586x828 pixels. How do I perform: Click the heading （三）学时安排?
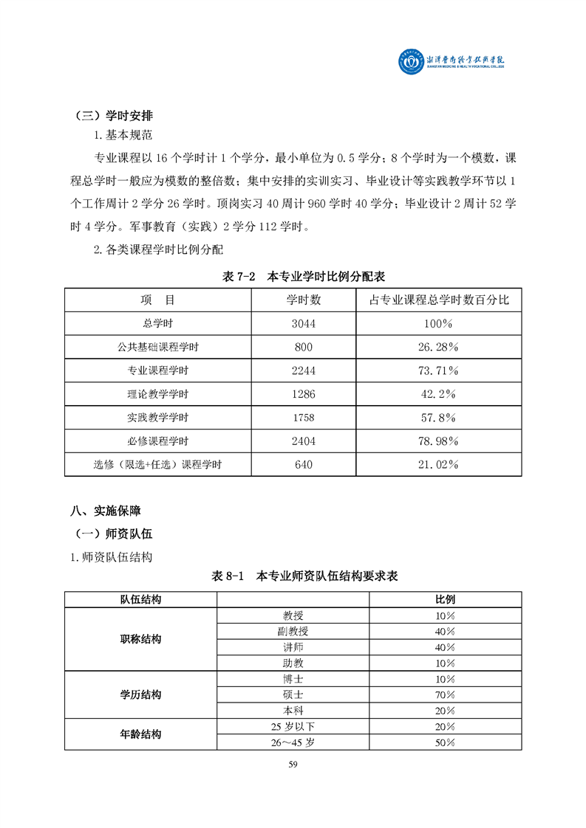[x=115, y=116]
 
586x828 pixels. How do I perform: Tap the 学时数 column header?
[x=304, y=300]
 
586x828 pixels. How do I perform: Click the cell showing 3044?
[x=304, y=323]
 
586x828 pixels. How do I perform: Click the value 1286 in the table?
[x=304, y=394]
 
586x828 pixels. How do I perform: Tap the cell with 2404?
[x=304, y=441]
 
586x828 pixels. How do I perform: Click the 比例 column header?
[x=445, y=599]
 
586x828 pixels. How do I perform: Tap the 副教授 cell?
[x=293, y=631]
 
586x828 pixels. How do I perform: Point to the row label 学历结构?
[x=141, y=695]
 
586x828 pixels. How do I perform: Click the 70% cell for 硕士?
[x=445, y=695]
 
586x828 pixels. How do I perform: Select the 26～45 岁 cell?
[x=293, y=743]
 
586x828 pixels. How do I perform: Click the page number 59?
[x=293, y=765]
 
